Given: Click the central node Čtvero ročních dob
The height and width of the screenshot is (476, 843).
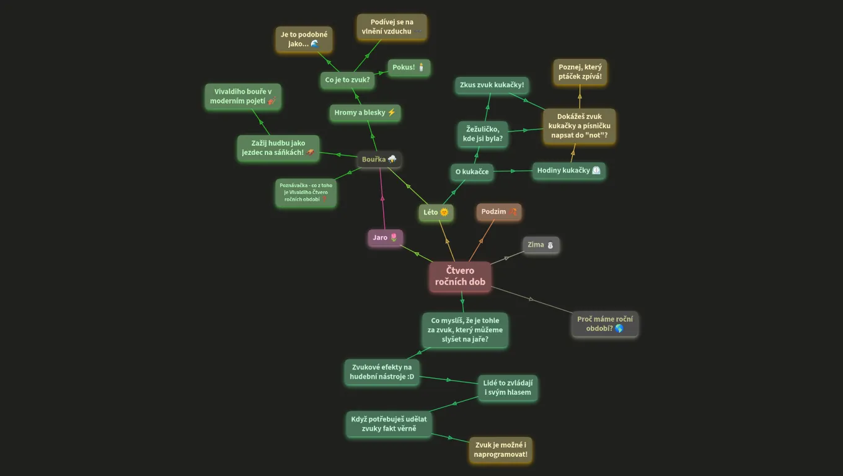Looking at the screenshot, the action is click(x=460, y=276).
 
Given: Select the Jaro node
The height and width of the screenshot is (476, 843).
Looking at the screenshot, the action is click(x=385, y=237).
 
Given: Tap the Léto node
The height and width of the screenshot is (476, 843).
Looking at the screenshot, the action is click(x=436, y=212).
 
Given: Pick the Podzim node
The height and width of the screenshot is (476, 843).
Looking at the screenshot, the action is click(x=498, y=211).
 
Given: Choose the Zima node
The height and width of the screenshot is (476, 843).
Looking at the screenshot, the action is click(x=541, y=245).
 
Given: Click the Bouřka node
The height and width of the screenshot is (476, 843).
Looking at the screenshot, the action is click(x=379, y=159).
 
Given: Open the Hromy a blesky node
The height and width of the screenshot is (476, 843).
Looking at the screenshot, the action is click(x=365, y=113).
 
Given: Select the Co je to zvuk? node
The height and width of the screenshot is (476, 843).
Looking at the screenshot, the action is click(x=347, y=80).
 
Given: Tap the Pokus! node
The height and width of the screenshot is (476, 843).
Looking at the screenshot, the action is click(x=408, y=68).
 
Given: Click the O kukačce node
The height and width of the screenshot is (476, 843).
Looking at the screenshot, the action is click(x=472, y=172).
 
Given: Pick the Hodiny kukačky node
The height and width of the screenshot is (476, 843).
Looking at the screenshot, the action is click(x=568, y=170).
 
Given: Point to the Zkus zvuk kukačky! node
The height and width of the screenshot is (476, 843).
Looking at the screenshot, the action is click(x=492, y=85).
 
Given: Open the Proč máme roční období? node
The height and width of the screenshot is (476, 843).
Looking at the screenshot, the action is click(x=605, y=324).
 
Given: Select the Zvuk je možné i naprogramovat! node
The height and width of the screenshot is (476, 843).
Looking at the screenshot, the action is click(x=501, y=450).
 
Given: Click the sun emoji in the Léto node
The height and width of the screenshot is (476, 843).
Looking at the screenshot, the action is click(x=444, y=212).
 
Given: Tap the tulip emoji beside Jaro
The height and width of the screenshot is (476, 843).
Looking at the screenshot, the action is click(x=394, y=237).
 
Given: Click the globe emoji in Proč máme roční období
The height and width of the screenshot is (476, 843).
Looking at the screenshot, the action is click(x=619, y=328).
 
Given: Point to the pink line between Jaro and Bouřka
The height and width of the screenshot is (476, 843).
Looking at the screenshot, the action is click(x=382, y=199).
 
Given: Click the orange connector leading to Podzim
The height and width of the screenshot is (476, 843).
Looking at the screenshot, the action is click(x=482, y=241).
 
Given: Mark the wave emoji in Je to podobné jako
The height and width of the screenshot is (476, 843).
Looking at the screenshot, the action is click(x=315, y=43).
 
